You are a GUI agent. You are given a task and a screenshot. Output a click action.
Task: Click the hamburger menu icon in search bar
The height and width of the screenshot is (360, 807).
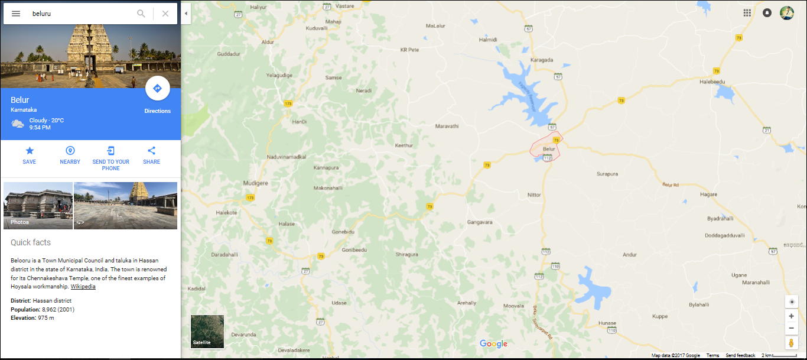(x=16, y=14)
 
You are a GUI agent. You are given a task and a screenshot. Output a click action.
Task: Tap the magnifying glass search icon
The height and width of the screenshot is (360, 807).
(x=141, y=14)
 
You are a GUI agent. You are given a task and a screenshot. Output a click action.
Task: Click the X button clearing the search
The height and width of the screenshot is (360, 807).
(x=165, y=14)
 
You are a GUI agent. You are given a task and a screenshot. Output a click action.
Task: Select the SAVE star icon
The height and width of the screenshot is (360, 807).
(x=30, y=151)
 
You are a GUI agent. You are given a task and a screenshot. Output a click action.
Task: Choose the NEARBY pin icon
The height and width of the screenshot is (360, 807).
(x=70, y=151)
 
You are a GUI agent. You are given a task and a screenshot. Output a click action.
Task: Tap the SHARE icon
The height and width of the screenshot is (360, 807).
(x=151, y=151)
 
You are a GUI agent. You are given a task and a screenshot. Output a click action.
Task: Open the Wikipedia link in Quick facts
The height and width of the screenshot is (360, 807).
(x=83, y=287)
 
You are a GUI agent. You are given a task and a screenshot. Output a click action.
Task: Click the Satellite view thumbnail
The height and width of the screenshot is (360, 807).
(x=207, y=332)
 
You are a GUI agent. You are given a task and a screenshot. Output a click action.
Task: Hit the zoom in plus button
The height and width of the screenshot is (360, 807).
(x=792, y=316)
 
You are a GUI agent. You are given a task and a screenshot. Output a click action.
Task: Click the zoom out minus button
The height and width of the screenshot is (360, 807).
(x=792, y=328)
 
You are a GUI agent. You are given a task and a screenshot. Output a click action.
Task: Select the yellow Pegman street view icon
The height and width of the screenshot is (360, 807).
(x=792, y=343)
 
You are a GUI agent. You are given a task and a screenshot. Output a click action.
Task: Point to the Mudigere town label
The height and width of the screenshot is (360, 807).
(x=256, y=183)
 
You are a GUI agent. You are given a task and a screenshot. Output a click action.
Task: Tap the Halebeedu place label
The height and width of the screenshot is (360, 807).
(x=712, y=82)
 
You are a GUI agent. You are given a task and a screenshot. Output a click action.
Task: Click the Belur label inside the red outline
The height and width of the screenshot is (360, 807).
(x=549, y=148)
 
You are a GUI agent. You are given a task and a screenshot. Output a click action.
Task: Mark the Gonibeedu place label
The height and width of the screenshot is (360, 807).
(x=354, y=250)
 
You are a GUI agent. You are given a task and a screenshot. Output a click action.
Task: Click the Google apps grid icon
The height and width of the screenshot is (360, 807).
(x=747, y=13)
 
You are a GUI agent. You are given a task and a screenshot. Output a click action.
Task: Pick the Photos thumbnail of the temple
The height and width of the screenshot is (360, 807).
(x=38, y=205)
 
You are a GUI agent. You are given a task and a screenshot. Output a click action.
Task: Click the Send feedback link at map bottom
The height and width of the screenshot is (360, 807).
(x=740, y=355)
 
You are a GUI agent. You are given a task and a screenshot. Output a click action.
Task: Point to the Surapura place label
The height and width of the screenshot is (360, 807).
(x=607, y=174)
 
